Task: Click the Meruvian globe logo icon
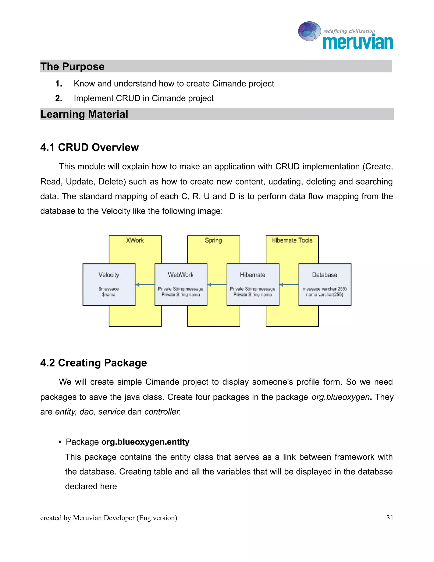[309, 31]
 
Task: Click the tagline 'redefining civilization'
[349, 31]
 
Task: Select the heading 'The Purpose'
[72, 66]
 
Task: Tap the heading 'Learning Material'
[84, 114]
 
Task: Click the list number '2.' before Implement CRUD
[59, 98]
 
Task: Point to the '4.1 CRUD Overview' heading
[89, 147]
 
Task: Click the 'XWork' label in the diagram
[135, 240]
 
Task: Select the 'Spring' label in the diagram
[213, 240]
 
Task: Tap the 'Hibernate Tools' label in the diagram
[292, 240]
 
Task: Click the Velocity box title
[109, 275]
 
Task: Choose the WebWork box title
[181, 275]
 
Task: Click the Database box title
[324, 275]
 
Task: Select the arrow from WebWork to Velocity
[145, 285]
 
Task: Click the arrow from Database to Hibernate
[289, 285]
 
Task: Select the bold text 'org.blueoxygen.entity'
[145, 442]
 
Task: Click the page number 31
[389, 518]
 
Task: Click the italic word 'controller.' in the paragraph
[163, 412]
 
